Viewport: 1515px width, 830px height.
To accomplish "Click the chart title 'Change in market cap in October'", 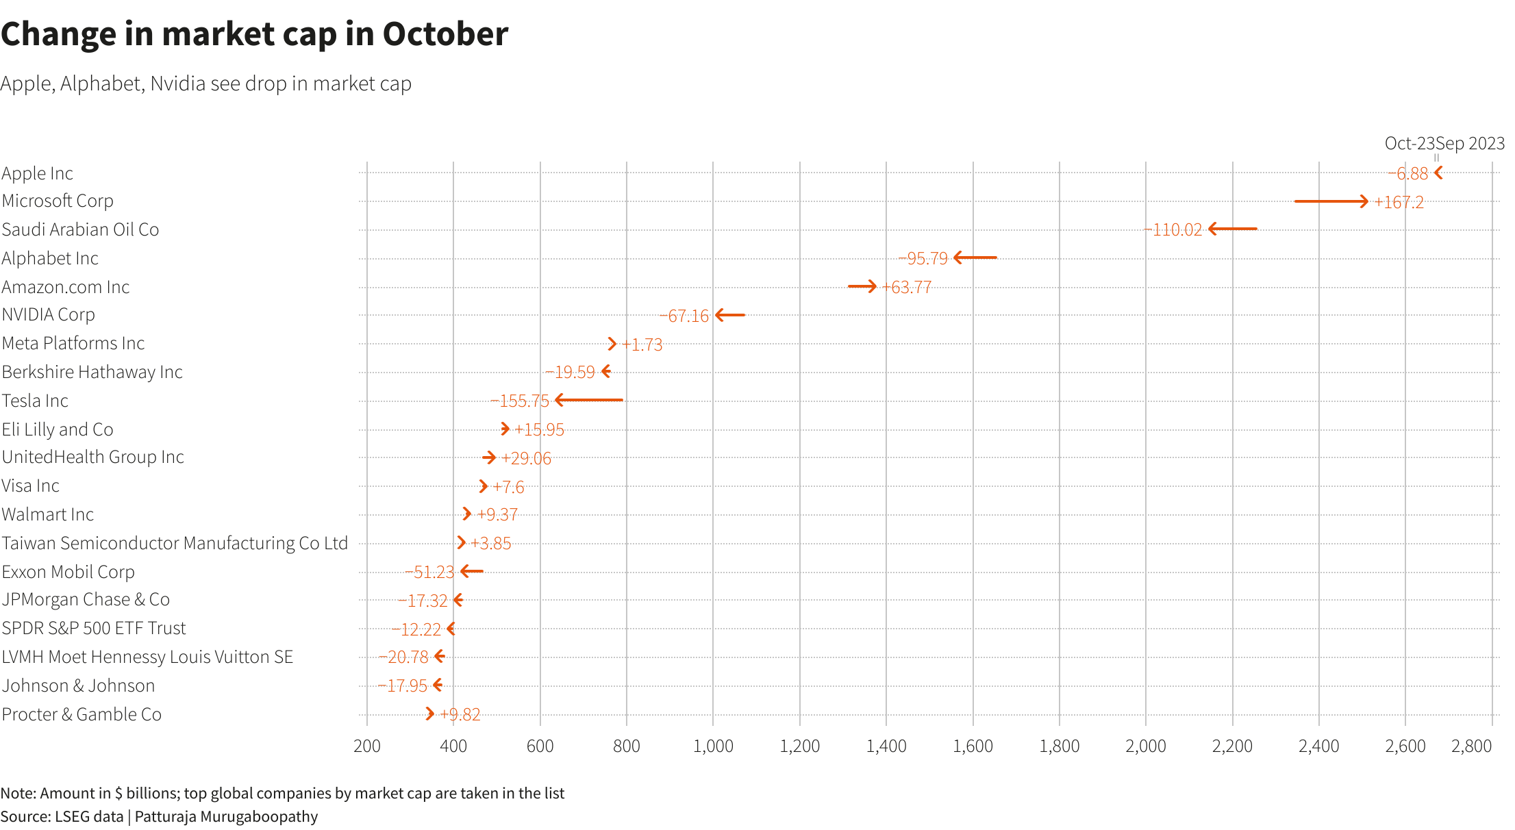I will tap(254, 34).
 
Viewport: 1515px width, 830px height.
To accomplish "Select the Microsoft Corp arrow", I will tap(1331, 201).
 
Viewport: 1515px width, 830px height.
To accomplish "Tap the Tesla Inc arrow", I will tap(589, 400).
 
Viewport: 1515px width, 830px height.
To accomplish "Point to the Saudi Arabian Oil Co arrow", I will tap(1233, 229).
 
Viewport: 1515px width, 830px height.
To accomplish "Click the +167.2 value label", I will tap(1399, 203).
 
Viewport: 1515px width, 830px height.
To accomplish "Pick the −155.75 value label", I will tap(520, 401).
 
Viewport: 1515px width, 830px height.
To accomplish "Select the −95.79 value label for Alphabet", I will tap(923, 259).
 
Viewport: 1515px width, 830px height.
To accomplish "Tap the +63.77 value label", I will tap(907, 288).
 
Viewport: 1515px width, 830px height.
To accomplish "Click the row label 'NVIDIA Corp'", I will tap(49, 315).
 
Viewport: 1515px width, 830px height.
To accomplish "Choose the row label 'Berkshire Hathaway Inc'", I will tap(92, 373).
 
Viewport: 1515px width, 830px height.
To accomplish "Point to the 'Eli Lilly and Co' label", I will tap(58, 430).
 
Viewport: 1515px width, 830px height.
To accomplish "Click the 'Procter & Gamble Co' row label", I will tap(82, 715).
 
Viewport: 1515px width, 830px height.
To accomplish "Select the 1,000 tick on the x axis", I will tap(713, 746).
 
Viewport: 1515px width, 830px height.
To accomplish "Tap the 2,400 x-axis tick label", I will tap(1318, 746).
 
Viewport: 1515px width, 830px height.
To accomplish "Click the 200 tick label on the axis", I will tap(367, 746).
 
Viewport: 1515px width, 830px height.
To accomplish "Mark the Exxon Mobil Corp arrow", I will tap(472, 571).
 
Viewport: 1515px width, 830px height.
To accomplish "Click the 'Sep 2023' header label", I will tap(1470, 144).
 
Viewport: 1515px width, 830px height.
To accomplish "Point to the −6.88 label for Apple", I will tap(1408, 174).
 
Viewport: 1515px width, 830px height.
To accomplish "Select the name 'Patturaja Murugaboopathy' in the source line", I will tap(226, 817).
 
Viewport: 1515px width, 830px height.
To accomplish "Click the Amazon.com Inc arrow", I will tap(862, 286).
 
